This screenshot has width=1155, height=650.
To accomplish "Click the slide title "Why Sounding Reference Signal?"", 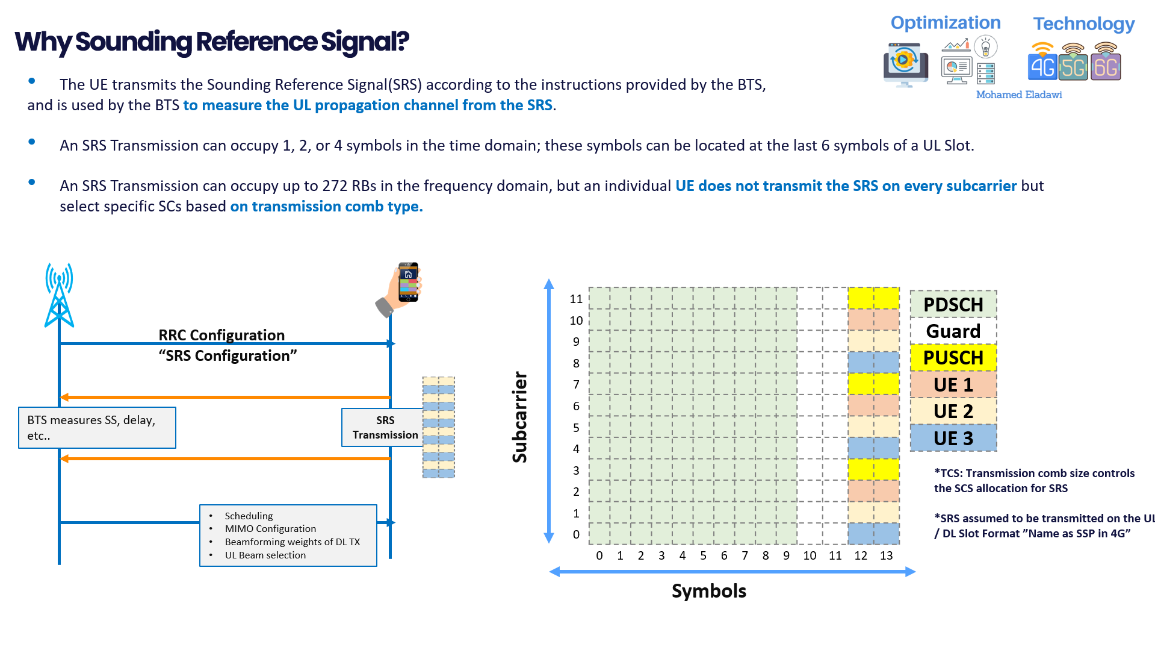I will coord(212,42).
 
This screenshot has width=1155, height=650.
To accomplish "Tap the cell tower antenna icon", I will coord(59,295).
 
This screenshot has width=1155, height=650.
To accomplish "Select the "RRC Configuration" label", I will coord(221,335).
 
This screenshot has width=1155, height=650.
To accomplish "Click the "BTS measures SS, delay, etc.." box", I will coord(97,428).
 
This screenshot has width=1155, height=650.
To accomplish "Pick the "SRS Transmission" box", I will coord(385,428).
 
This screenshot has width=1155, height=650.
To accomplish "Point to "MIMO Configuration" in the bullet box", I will coord(270,528).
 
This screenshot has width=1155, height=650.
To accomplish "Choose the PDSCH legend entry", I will coord(953,304).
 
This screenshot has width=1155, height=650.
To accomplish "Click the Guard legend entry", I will coord(953,331).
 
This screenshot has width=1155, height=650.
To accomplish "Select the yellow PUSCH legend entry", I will coord(953,357).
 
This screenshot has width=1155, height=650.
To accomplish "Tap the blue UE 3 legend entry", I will coord(953,438).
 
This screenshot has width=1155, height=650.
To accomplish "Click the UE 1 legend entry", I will coord(953,384).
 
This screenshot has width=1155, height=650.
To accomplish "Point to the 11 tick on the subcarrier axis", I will coord(576,299).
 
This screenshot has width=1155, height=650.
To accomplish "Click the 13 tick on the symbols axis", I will coord(886,555).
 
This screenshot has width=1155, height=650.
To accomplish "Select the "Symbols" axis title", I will coord(708,591).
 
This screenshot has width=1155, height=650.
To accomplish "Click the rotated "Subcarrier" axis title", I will coord(519,417).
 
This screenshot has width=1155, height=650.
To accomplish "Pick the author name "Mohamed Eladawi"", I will coord(1018,95).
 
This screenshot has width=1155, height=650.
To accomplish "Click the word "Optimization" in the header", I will coord(945,23).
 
